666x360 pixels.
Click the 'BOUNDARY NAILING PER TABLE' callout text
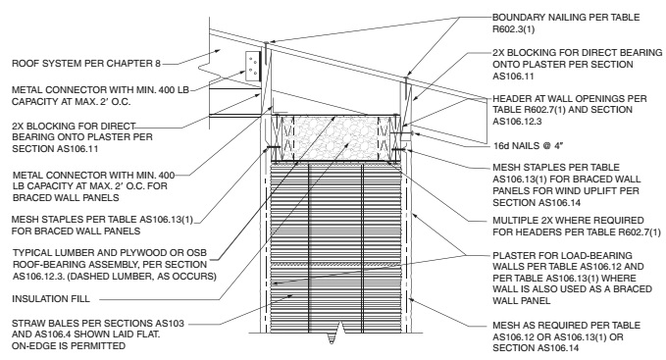(566, 18)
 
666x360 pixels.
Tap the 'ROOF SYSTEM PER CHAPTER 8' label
(86, 64)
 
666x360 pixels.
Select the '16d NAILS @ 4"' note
(528, 145)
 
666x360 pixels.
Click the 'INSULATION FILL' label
(51, 299)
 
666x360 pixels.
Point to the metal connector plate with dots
(252, 67)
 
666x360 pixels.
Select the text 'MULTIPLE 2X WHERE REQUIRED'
(568, 221)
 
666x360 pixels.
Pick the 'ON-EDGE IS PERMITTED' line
(69, 346)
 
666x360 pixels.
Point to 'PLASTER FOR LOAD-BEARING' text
(562, 256)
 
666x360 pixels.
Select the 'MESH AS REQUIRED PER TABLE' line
(567, 326)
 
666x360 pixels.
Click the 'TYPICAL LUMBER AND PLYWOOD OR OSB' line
(110, 253)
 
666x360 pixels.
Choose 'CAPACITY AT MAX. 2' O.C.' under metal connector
(72, 102)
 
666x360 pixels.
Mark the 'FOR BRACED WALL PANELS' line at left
(77, 231)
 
